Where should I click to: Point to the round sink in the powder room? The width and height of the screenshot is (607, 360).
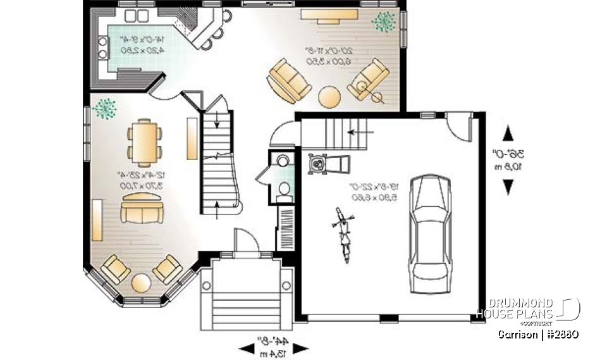point(283,159)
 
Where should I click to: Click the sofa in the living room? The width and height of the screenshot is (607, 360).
point(142,209)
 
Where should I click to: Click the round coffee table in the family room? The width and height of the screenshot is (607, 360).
point(329,96)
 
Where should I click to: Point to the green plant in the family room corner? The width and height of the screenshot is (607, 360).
point(383,22)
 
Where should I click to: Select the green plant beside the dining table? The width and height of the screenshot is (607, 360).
point(104,108)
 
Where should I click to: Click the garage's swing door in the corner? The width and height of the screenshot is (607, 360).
point(458,127)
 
